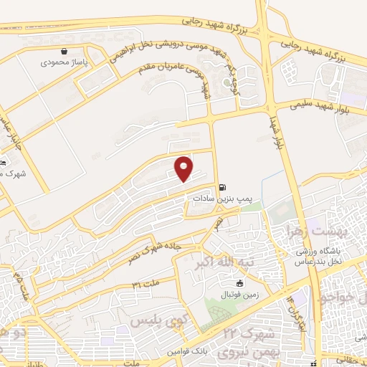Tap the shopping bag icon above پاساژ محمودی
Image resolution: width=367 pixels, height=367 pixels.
click(65, 52)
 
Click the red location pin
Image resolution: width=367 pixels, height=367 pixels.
click(184, 168)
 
